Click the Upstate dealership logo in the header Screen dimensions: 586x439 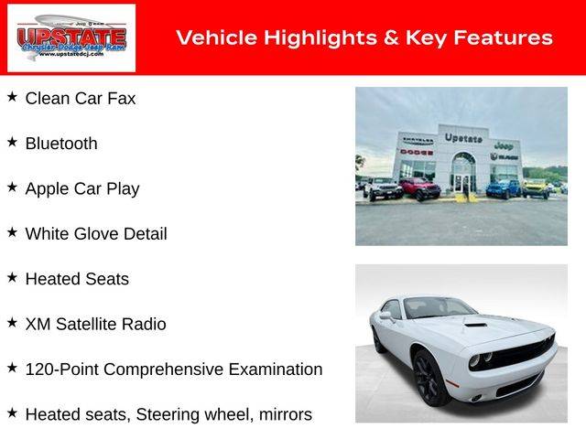click(x=71, y=37)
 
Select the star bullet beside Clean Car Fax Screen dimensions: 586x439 click(x=12, y=97)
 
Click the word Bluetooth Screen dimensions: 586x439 click(x=61, y=144)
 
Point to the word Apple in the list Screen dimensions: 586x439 click(x=47, y=189)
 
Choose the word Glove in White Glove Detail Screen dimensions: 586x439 click(x=95, y=234)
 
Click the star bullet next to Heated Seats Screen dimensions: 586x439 click(x=12, y=277)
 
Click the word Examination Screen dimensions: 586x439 click(x=276, y=369)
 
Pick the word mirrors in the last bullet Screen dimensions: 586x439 click(x=286, y=414)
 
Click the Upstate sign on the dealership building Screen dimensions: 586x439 click(x=463, y=138)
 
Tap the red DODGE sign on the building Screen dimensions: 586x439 click(x=417, y=152)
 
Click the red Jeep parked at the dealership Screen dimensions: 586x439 click(x=420, y=188)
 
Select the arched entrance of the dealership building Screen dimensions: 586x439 click(x=463, y=172)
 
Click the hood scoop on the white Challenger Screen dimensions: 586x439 click(x=476, y=325)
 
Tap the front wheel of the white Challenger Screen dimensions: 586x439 click(x=429, y=378)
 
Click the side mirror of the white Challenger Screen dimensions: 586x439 click(x=386, y=316)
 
